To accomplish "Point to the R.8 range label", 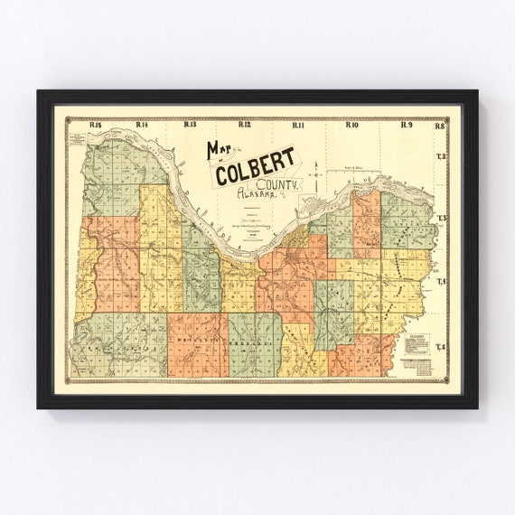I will coord(440,126).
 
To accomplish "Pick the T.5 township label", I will coord(442,346).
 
